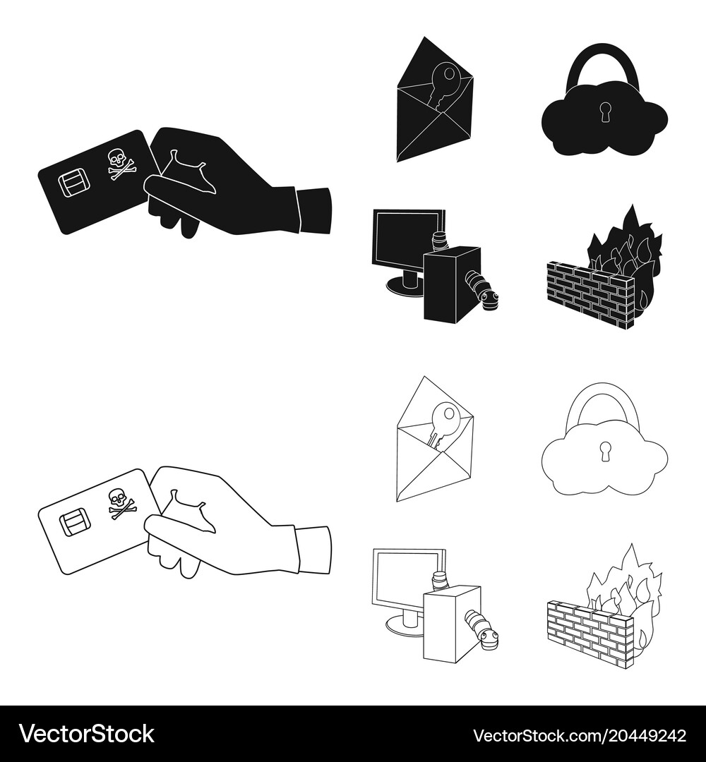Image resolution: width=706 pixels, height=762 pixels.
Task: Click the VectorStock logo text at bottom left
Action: pyautogui.click(x=87, y=734)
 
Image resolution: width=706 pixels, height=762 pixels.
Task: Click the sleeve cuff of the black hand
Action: pyautogui.click(x=314, y=210)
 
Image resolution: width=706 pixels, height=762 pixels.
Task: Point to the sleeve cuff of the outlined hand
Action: pyautogui.click(x=314, y=550)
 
